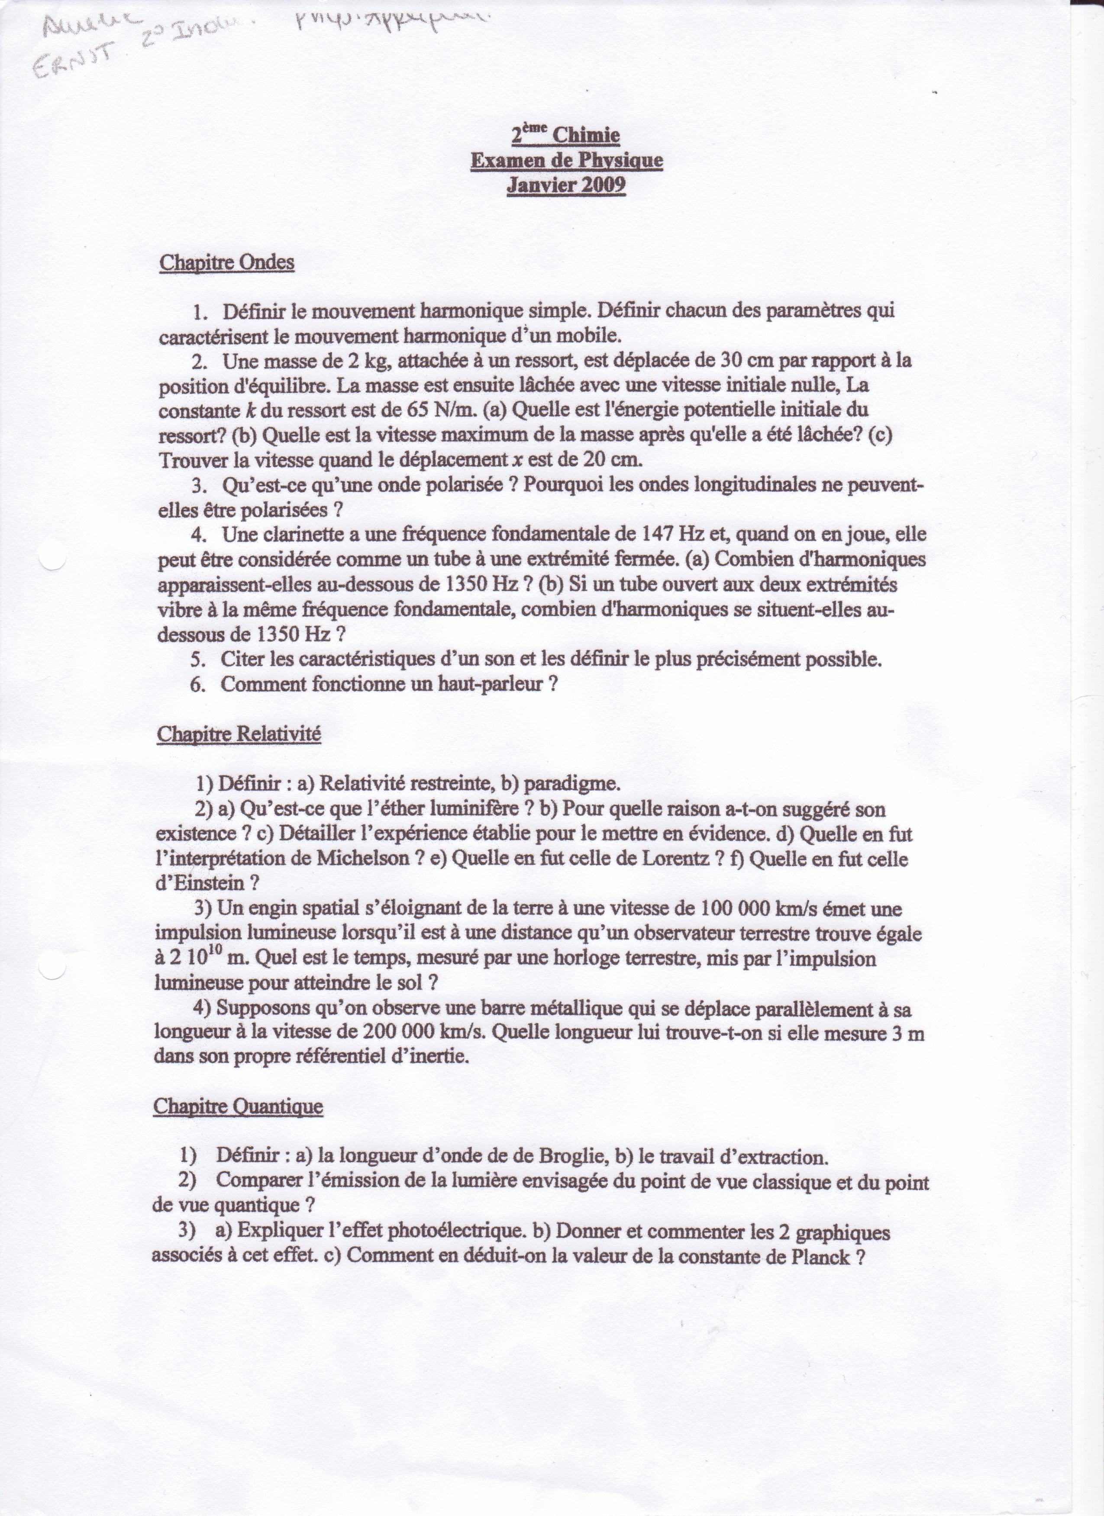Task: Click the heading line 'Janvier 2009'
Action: click(x=566, y=185)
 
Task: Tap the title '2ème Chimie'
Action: click(x=566, y=135)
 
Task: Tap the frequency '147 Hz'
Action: click(x=670, y=534)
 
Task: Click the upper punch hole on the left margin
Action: click(x=53, y=555)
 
